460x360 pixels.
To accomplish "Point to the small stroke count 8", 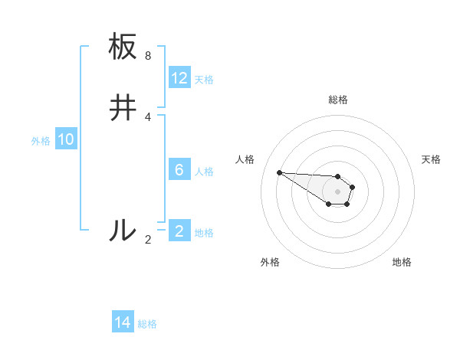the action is click(x=148, y=56).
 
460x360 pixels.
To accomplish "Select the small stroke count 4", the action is click(x=148, y=117).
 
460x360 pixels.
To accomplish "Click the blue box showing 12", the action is click(x=179, y=78).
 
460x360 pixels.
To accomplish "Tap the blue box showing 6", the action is click(x=179, y=169).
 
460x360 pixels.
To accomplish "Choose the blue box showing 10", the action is click(x=66, y=139).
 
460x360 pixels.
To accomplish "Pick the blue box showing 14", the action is click(x=123, y=322).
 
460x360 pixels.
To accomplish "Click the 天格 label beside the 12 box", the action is click(x=204, y=80).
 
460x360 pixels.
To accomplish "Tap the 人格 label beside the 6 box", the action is click(x=205, y=171).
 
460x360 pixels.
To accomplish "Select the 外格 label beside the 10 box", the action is click(x=41, y=141).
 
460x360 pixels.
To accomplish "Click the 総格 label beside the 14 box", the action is click(x=147, y=324).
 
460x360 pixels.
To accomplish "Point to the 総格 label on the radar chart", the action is click(x=338, y=100).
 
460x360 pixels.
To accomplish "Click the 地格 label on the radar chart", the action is click(x=402, y=262).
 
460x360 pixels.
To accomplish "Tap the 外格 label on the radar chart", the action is click(x=270, y=262).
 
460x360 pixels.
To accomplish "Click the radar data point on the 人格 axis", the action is click(x=279, y=172).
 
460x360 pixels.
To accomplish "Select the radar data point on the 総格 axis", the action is click(x=338, y=175).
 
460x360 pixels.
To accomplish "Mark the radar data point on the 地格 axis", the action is click(x=347, y=204).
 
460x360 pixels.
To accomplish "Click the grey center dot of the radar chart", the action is click(x=338, y=191).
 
